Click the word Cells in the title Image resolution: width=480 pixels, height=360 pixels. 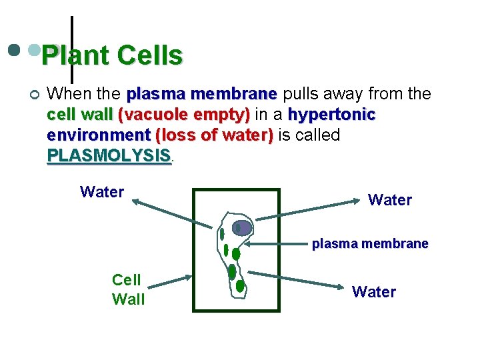tap(150, 56)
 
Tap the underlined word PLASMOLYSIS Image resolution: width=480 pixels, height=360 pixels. tap(109, 156)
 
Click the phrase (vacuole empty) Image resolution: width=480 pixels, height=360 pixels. tap(184, 115)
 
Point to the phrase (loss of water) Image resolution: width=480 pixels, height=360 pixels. tap(214, 135)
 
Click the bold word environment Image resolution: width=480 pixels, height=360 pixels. tap(99, 135)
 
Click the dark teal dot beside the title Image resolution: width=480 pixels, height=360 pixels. tap(13, 50)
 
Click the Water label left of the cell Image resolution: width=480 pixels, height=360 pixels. tap(102, 192)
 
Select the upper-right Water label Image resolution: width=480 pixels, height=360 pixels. tap(390, 199)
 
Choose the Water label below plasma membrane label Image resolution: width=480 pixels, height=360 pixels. tap(374, 291)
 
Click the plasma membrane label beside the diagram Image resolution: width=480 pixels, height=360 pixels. tap(370, 244)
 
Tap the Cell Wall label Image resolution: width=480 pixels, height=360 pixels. tap(128, 290)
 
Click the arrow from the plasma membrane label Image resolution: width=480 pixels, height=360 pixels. tap(281, 244)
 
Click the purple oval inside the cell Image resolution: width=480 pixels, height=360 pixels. tap(243, 228)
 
